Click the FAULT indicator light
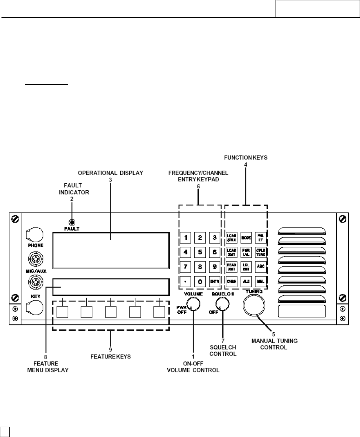click(72, 222)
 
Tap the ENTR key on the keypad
click(214, 281)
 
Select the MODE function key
click(246, 238)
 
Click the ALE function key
click(246, 281)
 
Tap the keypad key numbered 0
click(200, 281)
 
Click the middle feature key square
click(111, 312)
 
